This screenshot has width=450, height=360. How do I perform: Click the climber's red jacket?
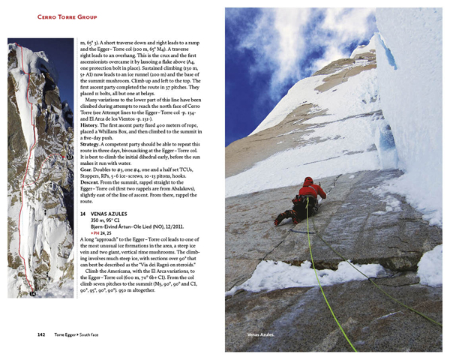pyautogui.click(x=309, y=189)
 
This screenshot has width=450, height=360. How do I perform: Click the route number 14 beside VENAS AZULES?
pyautogui.click(x=83, y=214)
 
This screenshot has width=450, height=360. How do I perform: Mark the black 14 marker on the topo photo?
pyautogui.click(x=32, y=295)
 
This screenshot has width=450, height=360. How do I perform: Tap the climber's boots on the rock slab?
pyautogui.click(x=280, y=217)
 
